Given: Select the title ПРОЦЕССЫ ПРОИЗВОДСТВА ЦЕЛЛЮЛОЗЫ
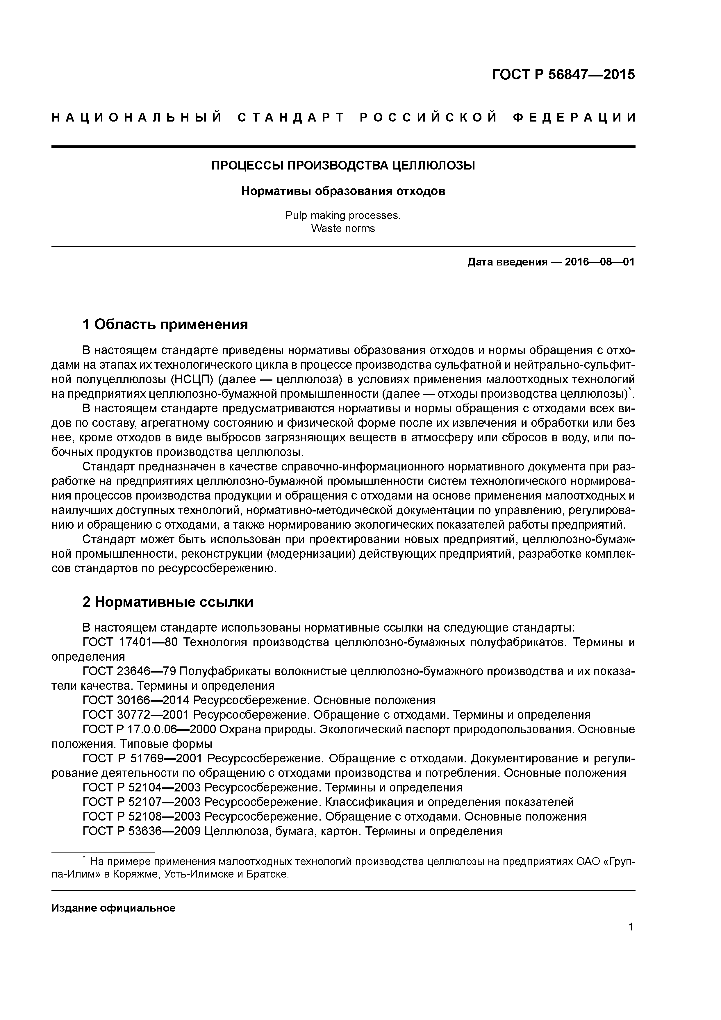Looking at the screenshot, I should coord(343,166).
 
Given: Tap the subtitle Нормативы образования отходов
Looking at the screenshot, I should coord(343,192).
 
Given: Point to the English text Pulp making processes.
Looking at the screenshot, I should coord(343,215).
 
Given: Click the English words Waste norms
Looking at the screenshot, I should coord(343,229).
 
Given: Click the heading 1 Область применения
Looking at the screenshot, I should coord(165,325).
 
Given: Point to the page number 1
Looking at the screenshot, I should coord(631,932).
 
